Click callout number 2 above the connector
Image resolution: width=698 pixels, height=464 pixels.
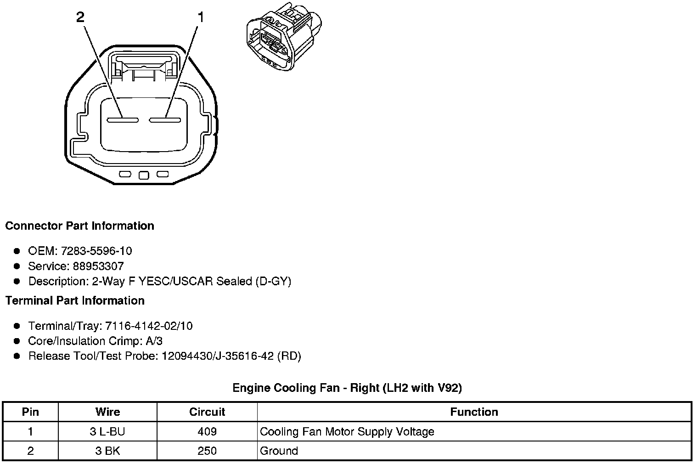coord(80,17)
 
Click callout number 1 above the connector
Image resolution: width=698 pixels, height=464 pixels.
coord(200,17)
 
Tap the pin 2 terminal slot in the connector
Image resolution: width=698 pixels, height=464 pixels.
coord(123,120)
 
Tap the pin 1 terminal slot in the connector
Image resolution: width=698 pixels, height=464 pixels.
coord(164,120)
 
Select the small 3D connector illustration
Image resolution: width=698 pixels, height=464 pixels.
coord(283,37)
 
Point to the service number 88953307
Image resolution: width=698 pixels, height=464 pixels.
coord(98,266)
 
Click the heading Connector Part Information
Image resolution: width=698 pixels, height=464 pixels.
coord(79,226)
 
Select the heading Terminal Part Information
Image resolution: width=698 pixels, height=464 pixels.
coord(75,301)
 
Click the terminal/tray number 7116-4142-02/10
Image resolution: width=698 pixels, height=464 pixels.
coord(149,326)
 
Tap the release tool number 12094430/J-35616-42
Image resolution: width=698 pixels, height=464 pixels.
coord(218,356)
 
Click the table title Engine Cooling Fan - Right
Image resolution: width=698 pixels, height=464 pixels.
coord(347,388)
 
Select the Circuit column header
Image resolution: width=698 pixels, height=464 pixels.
coord(207,412)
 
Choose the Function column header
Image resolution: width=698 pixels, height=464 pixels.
coord(474,412)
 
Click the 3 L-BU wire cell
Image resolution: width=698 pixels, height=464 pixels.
coord(107,432)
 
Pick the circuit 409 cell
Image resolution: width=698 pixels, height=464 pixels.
coord(207,432)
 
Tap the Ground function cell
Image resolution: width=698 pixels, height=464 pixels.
coord(279,451)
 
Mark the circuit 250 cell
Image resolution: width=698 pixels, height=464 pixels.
coord(207,451)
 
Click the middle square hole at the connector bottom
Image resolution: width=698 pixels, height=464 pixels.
coord(144,175)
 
